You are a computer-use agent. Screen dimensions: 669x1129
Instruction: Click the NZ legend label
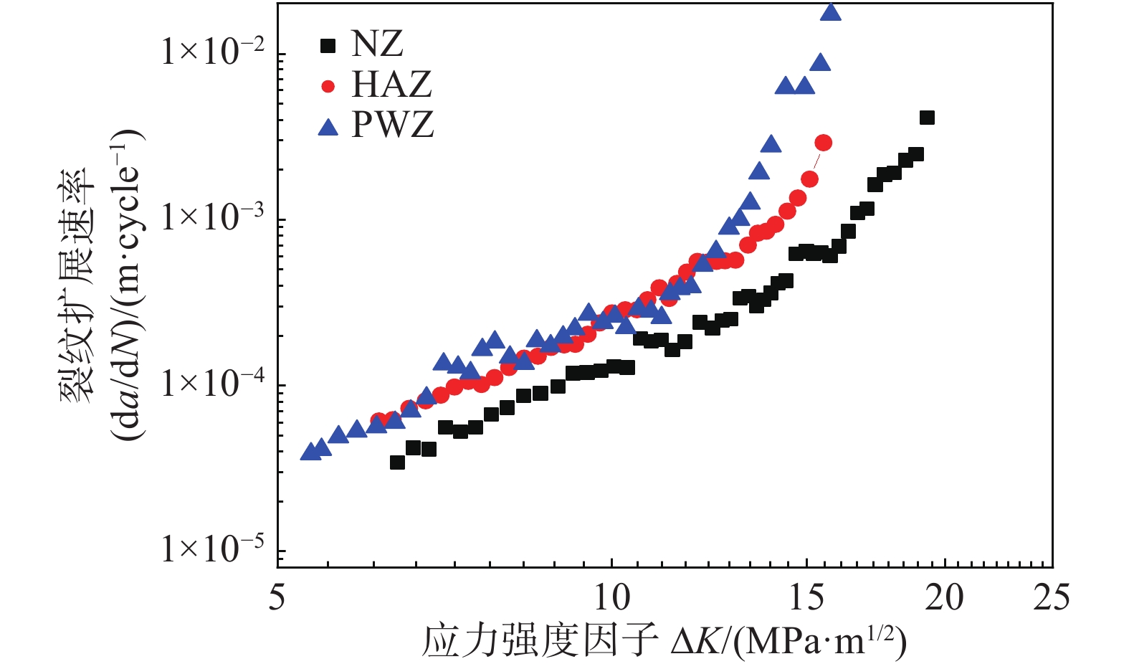click(x=377, y=44)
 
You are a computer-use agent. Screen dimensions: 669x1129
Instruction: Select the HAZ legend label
click(x=391, y=85)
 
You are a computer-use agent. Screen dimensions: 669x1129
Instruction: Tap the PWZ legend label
click(x=393, y=125)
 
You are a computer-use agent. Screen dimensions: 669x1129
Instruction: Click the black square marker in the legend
click(x=328, y=46)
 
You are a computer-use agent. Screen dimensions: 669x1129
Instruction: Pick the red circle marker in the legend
click(x=328, y=87)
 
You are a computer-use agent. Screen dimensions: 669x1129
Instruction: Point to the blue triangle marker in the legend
click(x=328, y=128)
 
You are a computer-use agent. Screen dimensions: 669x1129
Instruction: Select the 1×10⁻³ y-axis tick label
click(x=213, y=217)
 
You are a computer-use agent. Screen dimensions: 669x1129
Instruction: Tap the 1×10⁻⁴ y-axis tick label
click(x=213, y=383)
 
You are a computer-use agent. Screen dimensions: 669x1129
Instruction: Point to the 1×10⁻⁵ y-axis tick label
click(x=213, y=549)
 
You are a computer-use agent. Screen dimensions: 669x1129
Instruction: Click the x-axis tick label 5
click(x=277, y=597)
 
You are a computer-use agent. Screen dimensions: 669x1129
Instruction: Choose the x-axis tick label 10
click(x=611, y=597)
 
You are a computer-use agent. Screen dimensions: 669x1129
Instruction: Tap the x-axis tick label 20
click(x=945, y=597)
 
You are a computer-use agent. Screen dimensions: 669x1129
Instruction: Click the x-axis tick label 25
click(x=1052, y=597)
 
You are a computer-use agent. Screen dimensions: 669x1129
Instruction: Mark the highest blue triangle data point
click(x=830, y=12)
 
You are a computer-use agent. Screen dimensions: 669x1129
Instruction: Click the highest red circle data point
click(x=824, y=143)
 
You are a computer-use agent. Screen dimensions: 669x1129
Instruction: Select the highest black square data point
click(x=927, y=118)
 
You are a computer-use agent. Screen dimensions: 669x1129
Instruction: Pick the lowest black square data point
click(x=397, y=462)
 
